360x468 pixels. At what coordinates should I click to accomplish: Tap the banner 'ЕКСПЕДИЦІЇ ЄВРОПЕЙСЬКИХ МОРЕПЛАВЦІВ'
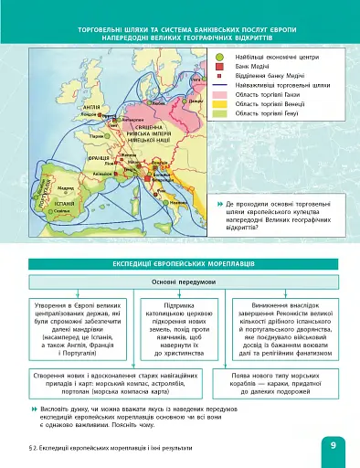point(179,261)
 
